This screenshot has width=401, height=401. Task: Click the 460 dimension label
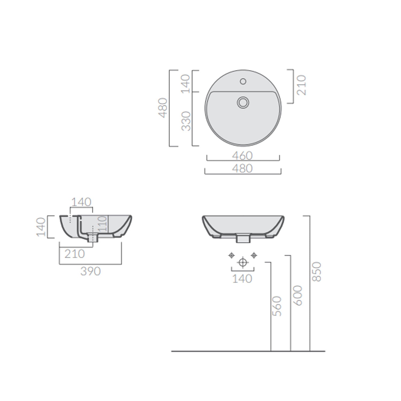[242, 156]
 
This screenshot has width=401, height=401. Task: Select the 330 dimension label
[186, 121]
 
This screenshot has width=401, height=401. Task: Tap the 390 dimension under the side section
[90, 271]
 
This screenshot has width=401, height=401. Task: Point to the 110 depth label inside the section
[102, 223]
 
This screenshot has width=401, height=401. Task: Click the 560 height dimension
[277, 306]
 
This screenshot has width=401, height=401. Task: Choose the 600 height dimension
[298, 295]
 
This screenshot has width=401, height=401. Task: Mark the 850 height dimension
[317, 272]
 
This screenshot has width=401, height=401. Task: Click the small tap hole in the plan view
[243, 81]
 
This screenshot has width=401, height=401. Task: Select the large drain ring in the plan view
[243, 102]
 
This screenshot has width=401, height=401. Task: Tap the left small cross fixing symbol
[232, 255]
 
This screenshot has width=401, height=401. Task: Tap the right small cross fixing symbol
[254, 255]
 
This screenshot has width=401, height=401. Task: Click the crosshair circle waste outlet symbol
[243, 262]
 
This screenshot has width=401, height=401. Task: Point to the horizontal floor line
[248, 351]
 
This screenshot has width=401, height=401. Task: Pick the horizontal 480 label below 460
[242, 168]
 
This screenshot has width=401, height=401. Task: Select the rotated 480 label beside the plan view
[163, 108]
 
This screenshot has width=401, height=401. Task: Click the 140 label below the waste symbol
[242, 279]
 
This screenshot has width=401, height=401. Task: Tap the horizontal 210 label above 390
[75, 254]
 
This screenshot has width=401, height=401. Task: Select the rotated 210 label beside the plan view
[301, 85]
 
